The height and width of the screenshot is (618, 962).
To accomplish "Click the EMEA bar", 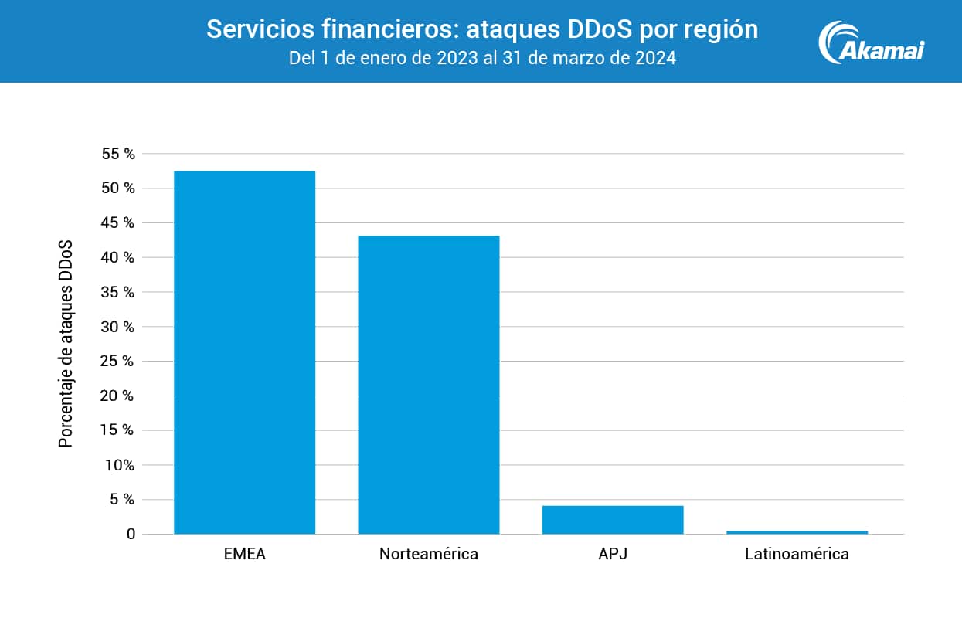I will pyautogui.click(x=244, y=352).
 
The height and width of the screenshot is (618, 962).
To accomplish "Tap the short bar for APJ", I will pyautogui.click(x=613, y=519).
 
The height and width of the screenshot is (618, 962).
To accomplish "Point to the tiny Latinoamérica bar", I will pyautogui.click(x=797, y=531).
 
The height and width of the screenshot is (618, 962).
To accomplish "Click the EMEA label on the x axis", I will pyautogui.click(x=244, y=554).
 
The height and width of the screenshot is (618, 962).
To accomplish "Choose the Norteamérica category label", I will pyautogui.click(x=429, y=554).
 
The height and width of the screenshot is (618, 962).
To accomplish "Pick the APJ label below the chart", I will pyautogui.click(x=613, y=554).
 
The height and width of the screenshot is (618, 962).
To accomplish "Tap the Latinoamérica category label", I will pyautogui.click(x=797, y=554).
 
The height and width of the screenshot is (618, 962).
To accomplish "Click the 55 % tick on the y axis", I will pyautogui.click(x=118, y=154).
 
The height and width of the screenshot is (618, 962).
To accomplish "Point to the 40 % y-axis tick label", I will pyautogui.click(x=118, y=257).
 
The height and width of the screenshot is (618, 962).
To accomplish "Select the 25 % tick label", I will pyautogui.click(x=118, y=361).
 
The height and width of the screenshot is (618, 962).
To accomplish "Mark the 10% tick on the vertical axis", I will pyautogui.click(x=118, y=465).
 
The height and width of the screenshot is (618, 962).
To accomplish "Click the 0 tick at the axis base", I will pyautogui.click(x=131, y=534).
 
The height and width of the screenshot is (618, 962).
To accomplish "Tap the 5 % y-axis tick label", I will pyautogui.click(x=122, y=499).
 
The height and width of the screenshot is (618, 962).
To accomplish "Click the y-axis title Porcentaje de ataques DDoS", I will pyautogui.click(x=66, y=344).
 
